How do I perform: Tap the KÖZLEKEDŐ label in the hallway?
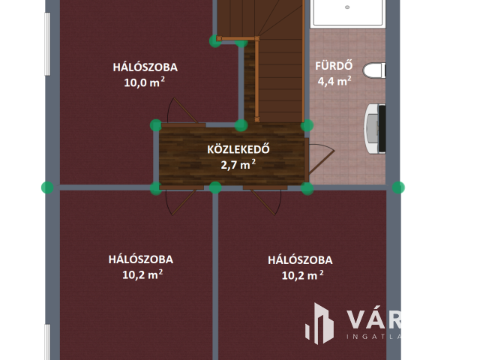click(x=238, y=148)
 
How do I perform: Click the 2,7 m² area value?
click(x=238, y=165)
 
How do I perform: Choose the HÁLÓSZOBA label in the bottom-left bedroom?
click(x=141, y=259)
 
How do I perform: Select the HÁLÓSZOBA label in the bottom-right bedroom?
click(x=300, y=260)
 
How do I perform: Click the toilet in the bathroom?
click(x=374, y=70)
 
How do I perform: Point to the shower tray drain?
click(x=347, y=7)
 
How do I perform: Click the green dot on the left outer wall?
click(x=48, y=187)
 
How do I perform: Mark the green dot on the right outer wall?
click(x=398, y=187)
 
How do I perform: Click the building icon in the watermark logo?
click(x=320, y=323)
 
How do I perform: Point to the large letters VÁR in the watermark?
click(x=373, y=319)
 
